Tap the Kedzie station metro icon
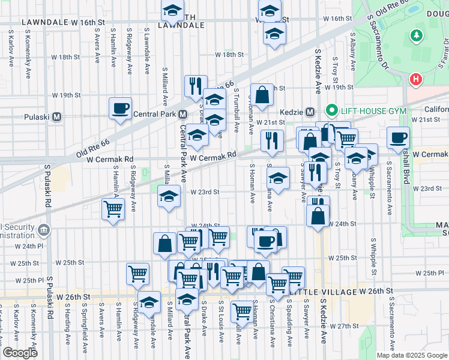click(310, 112)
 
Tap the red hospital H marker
click(415, 79)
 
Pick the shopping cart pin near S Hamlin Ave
click(113, 209)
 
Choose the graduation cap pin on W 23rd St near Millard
click(169, 196)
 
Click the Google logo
click(20, 353)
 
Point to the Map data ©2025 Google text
click(411, 355)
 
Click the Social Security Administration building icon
click(43, 230)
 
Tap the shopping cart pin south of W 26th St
click(242, 311)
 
